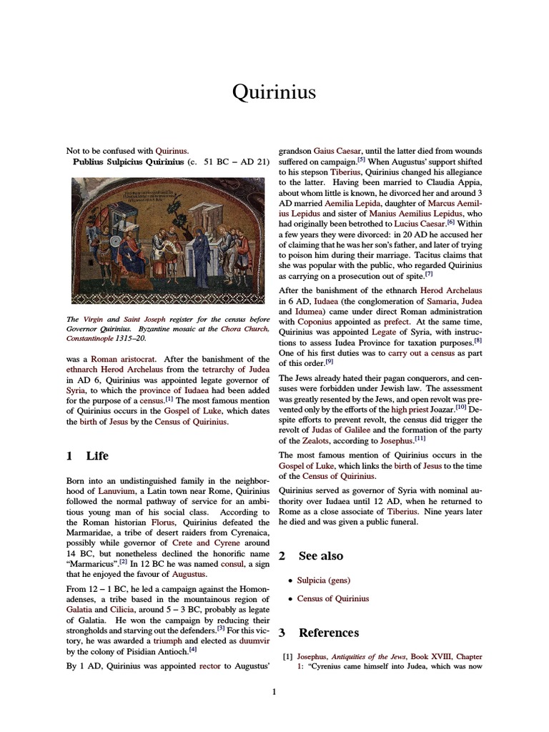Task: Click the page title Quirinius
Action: click(274, 91)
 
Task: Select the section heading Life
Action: click(97, 455)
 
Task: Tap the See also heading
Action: click(320, 555)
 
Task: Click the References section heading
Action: click(329, 633)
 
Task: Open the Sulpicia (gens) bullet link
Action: click(325, 580)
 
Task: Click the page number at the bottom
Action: click(274, 691)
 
